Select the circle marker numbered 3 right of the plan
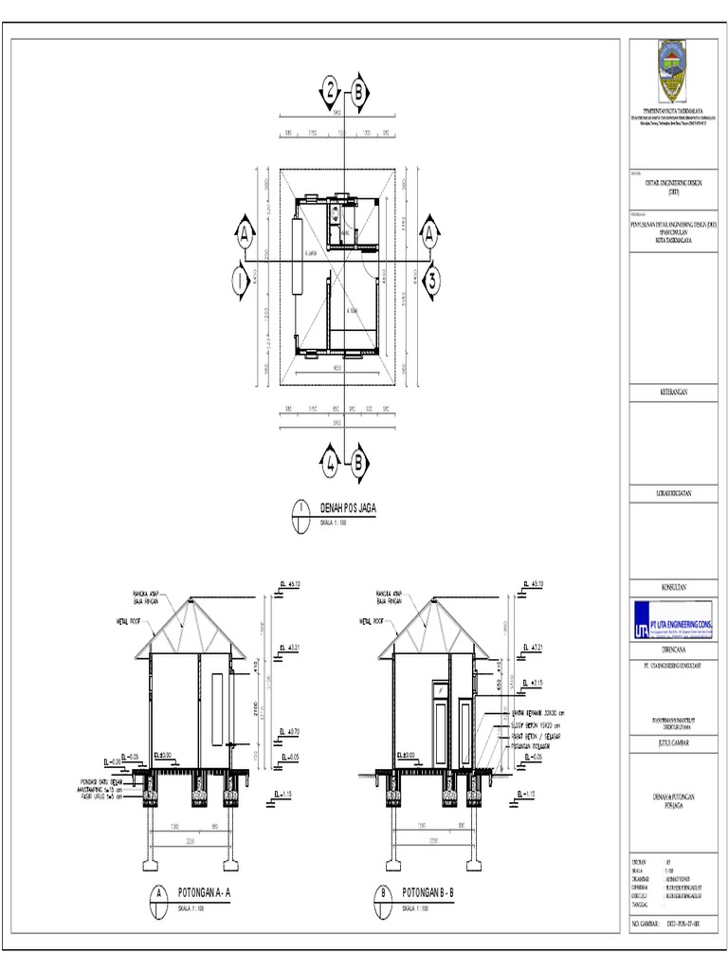(x=430, y=280)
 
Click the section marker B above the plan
(x=359, y=92)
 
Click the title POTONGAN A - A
(x=209, y=892)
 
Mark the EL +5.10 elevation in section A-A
(x=291, y=584)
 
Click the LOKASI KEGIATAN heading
(x=674, y=493)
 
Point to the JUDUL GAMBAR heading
(x=674, y=744)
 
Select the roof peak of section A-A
(x=193, y=599)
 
